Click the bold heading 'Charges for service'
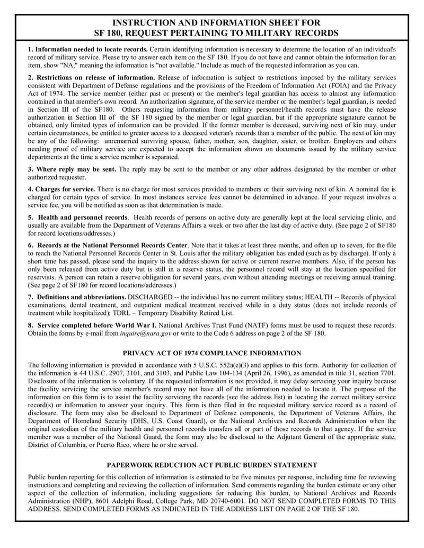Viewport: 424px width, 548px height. coord(65,189)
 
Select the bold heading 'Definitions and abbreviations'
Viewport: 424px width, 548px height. coord(81,297)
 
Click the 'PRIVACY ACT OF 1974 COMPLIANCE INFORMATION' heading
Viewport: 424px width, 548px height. coord(212,353)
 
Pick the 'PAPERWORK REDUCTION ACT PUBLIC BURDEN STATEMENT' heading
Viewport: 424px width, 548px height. coord(212,465)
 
